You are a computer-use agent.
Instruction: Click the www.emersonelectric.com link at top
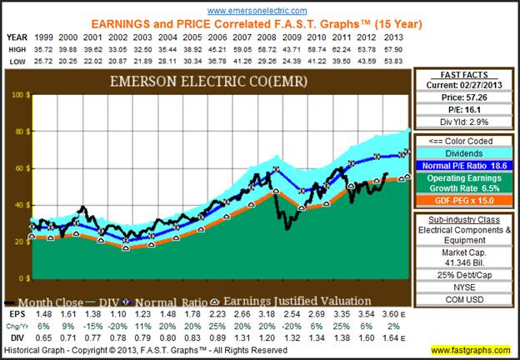click(x=259, y=10)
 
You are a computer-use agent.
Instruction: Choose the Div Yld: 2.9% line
click(x=462, y=123)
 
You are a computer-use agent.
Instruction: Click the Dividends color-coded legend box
click(x=462, y=152)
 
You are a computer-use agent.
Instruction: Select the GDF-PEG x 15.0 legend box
click(x=462, y=201)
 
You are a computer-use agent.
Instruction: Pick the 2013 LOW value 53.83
click(x=395, y=61)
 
